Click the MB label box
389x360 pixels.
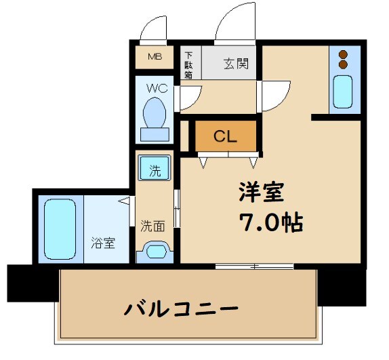click(x=155, y=56)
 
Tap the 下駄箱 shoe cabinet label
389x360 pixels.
click(x=188, y=65)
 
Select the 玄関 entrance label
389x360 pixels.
click(x=236, y=64)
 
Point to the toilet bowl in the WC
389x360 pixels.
click(x=157, y=112)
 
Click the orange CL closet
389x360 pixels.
click(x=226, y=136)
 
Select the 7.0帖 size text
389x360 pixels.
click(x=269, y=222)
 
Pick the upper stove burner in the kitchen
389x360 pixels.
click(x=343, y=54)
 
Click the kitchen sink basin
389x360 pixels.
click(x=343, y=92)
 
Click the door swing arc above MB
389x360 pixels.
click(x=153, y=27)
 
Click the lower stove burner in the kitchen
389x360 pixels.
click(x=343, y=64)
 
